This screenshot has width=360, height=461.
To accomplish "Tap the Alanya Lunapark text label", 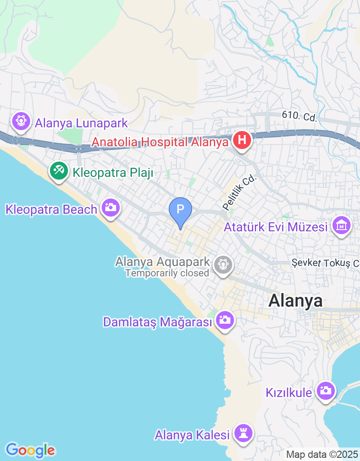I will click(81, 123).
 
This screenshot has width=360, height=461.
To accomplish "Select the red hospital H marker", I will click(242, 140).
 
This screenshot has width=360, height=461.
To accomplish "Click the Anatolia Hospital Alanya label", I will click(160, 142).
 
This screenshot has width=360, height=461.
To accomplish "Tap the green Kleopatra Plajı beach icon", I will click(58, 171).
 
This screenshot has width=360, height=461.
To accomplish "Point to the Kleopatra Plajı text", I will click(113, 172).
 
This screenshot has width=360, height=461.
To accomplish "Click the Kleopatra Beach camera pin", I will click(110, 208).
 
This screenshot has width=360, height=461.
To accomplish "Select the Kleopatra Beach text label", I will click(51, 209).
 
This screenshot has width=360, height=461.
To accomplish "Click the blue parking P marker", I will click(180, 210).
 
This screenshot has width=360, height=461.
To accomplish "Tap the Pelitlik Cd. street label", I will click(239, 192).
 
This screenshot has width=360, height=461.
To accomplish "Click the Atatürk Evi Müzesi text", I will click(276, 227).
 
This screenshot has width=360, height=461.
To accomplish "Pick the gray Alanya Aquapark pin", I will click(222, 264).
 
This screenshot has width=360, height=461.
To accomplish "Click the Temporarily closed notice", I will click(167, 273).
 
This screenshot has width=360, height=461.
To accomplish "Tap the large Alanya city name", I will click(295, 301).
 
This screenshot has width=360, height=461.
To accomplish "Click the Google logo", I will click(30, 450).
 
